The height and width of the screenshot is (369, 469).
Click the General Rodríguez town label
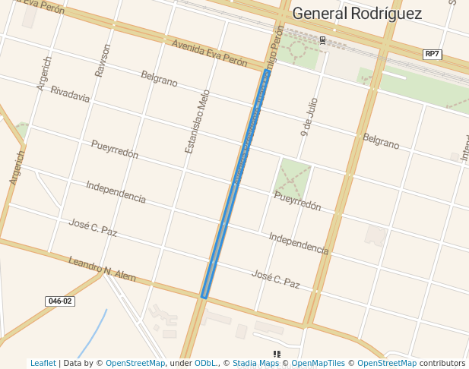(x=357, y=13)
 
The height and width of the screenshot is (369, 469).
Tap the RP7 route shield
(x=433, y=54)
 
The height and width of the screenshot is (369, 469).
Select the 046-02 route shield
(x=60, y=301)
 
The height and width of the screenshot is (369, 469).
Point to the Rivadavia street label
(x=70, y=94)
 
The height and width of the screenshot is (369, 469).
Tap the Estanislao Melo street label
(x=197, y=121)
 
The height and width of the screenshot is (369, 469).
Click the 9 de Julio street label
(x=309, y=117)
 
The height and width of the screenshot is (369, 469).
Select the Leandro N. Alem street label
(x=102, y=270)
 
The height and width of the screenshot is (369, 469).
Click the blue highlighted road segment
(x=236, y=182)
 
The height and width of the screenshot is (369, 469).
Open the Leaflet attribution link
(x=43, y=363)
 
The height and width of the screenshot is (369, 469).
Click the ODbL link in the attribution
(x=205, y=363)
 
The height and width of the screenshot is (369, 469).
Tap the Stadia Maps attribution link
(x=255, y=363)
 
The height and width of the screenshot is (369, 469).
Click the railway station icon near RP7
(x=322, y=39)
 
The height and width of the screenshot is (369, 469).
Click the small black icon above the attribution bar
(x=277, y=354)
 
